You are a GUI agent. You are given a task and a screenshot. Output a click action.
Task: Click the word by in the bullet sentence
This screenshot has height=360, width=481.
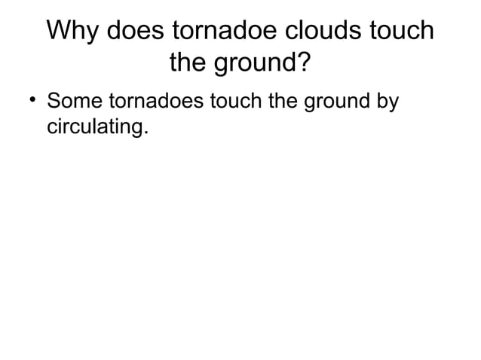pos(387,102)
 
